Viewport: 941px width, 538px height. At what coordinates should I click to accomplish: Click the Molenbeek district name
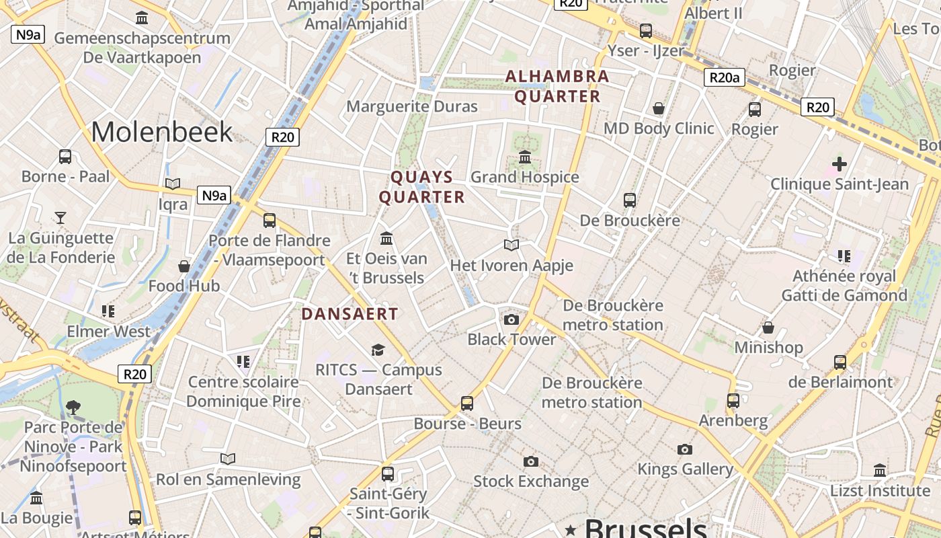pos(161,132)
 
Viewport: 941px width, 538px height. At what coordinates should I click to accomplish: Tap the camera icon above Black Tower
pos(512,319)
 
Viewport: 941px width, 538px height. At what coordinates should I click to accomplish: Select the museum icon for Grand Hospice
pos(525,157)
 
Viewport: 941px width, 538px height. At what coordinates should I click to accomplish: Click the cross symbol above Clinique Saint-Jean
pos(839,163)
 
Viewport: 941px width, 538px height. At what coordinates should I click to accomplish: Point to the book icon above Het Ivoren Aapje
pos(512,245)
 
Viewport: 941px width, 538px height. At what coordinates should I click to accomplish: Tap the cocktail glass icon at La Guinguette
pos(60,217)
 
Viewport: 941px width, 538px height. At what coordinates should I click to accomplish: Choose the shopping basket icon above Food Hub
pos(184,266)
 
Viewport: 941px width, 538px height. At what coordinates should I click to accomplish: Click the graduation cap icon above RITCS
pos(378,350)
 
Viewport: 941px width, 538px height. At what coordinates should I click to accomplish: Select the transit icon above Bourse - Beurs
pos(467,403)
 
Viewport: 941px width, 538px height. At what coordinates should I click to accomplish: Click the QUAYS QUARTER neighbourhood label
pos(422,187)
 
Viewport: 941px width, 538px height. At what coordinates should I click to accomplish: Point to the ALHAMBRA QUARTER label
pos(557,86)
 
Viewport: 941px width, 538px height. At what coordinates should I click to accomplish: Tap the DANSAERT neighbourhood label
pos(350,314)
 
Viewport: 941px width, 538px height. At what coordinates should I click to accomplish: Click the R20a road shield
pos(725,77)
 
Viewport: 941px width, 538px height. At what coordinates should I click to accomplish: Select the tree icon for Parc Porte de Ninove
pos(73,408)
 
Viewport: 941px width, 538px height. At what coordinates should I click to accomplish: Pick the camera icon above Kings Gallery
pos(685,449)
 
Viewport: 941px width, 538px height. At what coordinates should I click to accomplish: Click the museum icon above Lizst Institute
pos(880,470)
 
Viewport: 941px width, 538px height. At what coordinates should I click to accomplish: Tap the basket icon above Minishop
pos(768,328)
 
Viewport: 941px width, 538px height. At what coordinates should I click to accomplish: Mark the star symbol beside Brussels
pos(571,529)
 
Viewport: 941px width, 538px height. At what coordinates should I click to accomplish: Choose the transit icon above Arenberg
pos(733,401)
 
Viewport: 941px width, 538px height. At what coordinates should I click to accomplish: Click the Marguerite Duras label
pos(412,106)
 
